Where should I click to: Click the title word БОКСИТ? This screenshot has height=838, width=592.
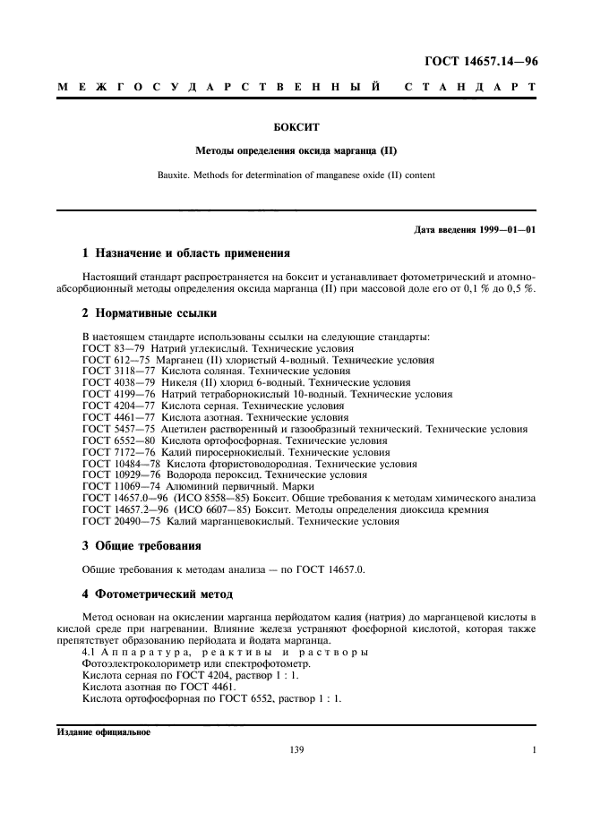pyautogui.click(x=296, y=128)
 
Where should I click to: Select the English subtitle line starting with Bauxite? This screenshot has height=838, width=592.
pyautogui.click(x=296, y=175)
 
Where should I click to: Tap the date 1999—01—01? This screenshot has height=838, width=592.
pyautogui.click(x=509, y=230)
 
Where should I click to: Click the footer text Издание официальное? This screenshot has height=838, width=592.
pyautogui.click(x=104, y=731)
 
